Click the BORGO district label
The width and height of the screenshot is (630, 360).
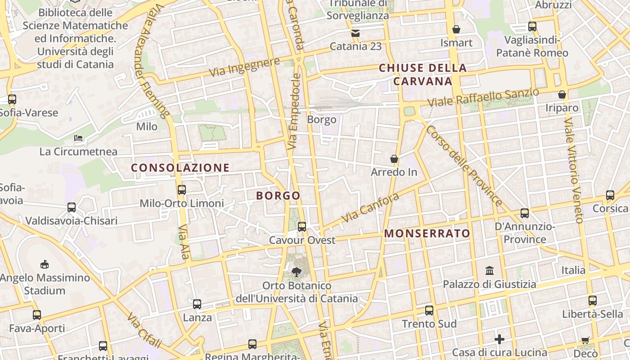point(278,196)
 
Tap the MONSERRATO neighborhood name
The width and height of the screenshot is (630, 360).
point(427,234)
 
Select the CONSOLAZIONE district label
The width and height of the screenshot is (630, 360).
point(180,168)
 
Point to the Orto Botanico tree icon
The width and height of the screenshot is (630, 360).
point(296,272)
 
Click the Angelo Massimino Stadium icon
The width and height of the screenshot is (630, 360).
point(44,264)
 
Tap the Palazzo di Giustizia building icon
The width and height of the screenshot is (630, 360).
point(490,270)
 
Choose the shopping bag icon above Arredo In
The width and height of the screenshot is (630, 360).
point(394,159)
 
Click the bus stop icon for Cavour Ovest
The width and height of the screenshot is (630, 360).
point(302,227)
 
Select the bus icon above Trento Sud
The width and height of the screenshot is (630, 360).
point(429,310)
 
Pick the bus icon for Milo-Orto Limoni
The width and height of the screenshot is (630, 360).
point(182,190)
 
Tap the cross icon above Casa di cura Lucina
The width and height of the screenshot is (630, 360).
point(499,339)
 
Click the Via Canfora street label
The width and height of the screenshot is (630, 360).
point(370,207)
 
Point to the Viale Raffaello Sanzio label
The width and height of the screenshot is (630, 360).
point(483,97)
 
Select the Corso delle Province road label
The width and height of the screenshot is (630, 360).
point(464,166)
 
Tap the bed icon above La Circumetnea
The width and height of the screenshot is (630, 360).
point(78,138)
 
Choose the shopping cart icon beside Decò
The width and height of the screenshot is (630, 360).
point(585,340)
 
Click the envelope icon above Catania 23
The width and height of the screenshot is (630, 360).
point(355,33)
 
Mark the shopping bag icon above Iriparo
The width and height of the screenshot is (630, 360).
point(562,94)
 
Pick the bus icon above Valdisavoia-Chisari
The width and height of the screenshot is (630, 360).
point(72,207)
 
